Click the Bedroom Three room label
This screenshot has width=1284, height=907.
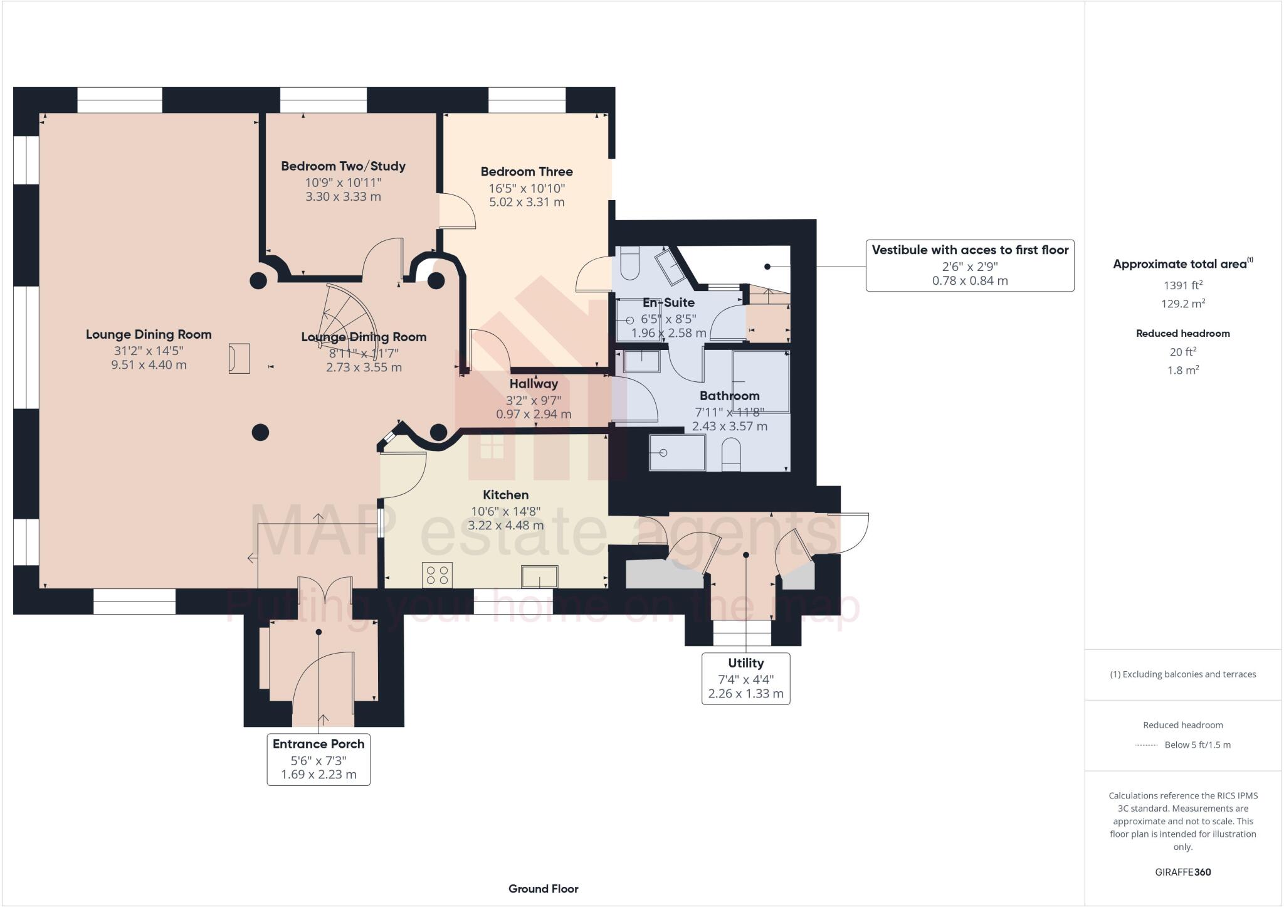(527, 171)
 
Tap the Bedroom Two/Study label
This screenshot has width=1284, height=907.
(343, 166)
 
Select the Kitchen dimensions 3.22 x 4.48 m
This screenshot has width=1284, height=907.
(505, 525)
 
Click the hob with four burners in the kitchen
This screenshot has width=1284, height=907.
(438, 575)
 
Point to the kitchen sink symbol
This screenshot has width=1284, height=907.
(539, 576)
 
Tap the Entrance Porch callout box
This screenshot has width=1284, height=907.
(318, 759)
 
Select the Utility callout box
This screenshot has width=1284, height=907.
(745, 678)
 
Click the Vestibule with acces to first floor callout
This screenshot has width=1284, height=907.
(969, 265)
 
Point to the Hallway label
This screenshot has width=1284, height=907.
(534, 384)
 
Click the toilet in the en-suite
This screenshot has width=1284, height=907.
(628, 263)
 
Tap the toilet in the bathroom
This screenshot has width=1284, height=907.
(731, 453)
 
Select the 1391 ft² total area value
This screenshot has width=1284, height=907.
(1182, 285)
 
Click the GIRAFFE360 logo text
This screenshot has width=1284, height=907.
(1182, 872)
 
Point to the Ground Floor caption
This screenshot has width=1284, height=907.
(543, 888)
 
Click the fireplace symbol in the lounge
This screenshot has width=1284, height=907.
(239, 359)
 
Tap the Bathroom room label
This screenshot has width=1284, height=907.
(729, 396)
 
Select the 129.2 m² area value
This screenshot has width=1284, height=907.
(1182, 304)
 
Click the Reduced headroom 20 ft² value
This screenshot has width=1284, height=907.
(1182, 352)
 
